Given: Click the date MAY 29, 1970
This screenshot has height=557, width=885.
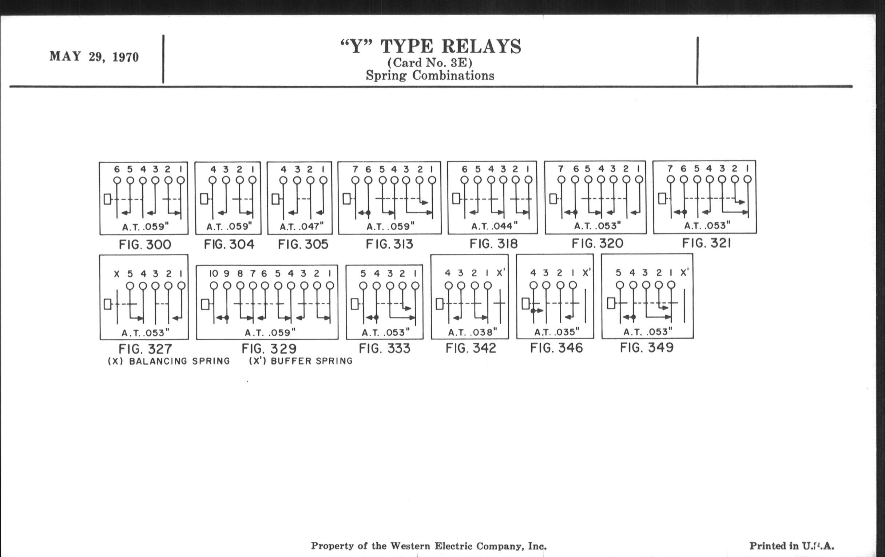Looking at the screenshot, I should pyautogui.click(x=94, y=57).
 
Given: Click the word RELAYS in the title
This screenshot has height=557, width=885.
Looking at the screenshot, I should pyautogui.click(x=481, y=47).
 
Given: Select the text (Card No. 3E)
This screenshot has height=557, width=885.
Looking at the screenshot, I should pyautogui.click(x=430, y=63).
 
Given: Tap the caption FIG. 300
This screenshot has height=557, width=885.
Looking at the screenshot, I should pyautogui.click(x=145, y=245).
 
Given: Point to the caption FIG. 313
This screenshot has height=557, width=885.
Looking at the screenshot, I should pyautogui.click(x=389, y=244).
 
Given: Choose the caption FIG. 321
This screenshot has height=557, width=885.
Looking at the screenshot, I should pyautogui.click(x=706, y=243).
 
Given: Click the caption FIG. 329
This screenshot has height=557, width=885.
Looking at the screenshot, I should pyautogui.click(x=269, y=348).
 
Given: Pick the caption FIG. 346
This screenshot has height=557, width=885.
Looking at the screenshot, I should pyautogui.click(x=556, y=348).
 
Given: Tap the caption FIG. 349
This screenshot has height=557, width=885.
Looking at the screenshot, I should pyautogui.click(x=647, y=347).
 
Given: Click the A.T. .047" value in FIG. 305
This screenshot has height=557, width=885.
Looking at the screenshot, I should pyautogui.click(x=301, y=226).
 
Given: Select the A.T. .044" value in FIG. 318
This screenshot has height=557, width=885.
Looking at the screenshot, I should pyautogui.click(x=494, y=226).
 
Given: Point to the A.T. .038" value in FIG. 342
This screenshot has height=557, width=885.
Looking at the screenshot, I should pyautogui.click(x=472, y=332).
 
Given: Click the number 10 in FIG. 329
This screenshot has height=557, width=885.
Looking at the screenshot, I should pyautogui.click(x=214, y=273).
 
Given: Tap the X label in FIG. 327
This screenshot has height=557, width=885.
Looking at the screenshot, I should pyautogui.click(x=116, y=274).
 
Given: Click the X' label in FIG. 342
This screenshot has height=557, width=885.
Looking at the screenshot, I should pyautogui.click(x=501, y=273).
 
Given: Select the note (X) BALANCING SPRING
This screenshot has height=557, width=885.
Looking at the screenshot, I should pyautogui.click(x=169, y=361).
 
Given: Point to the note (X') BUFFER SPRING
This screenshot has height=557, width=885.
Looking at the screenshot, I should pyautogui.click(x=301, y=361).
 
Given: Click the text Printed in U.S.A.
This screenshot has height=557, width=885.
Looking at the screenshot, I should pyautogui.click(x=791, y=546).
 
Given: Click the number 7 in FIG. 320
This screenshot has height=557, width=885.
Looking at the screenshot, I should pyautogui.click(x=560, y=169).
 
